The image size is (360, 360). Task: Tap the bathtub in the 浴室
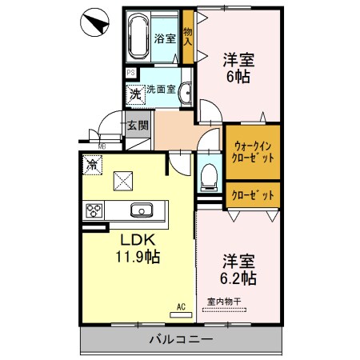(x=141, y=37)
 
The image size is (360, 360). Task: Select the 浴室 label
(x=165, y=38)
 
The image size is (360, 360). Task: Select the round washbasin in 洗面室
(x=184, y=93)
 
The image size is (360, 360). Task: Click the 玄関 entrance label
(x=138, y=125)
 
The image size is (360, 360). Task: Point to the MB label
(x=102, y=146)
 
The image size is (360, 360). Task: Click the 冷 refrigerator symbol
(x=93, y=165)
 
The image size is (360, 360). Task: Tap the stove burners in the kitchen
(x=94, y=210)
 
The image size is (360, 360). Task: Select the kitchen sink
(x=142, y=210)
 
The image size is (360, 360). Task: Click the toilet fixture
(x=210, y=174)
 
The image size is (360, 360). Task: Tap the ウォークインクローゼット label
(x=253, y=152)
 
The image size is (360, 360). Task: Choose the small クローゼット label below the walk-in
(x=253, y=194)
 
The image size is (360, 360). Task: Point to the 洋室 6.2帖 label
(x=238, y=270)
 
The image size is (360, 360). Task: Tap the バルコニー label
(x=182, y=340)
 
